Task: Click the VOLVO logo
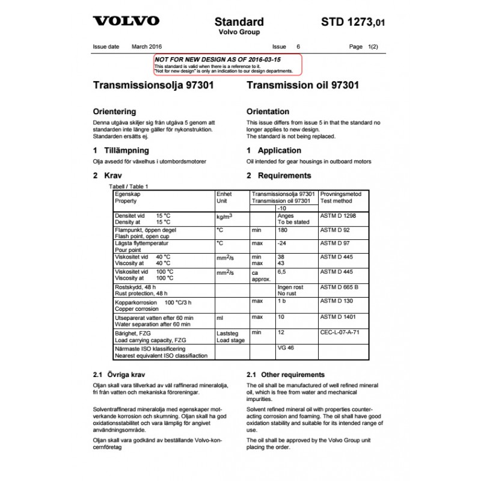click(126, 21)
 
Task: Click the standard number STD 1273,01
click(352, 22)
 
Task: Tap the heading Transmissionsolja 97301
click(153, 85)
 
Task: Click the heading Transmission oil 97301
click(303, 85)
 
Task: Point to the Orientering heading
click(114, 111)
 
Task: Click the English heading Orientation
click(268, 111)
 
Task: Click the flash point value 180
click(283, 230)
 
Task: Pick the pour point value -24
click(282, 243)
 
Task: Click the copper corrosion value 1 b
click(282, 301)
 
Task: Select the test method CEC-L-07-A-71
click(343, 332)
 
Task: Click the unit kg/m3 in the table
click(224, 215)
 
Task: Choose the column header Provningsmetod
click(341, 194)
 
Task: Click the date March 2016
click(147, 46)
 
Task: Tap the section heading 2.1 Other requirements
click(286, 375)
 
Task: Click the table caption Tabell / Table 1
click(127, 186)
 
